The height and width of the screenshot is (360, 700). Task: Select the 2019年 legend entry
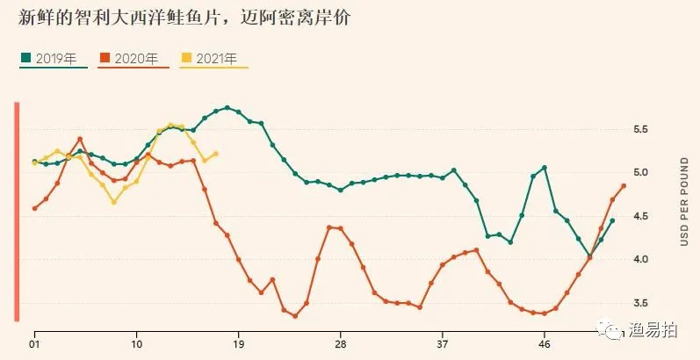(x=54, y=59)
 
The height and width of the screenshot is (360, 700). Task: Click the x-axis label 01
(x=34, y=343)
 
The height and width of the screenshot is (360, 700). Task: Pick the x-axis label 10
(x=136, y=343)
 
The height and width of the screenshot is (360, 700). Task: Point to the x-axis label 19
(x=238, y=343)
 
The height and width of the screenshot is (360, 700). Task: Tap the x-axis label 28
(x=341, y=343)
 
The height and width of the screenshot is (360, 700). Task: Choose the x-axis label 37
(x=443, y=343)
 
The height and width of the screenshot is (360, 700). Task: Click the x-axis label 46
(x=545, y=343)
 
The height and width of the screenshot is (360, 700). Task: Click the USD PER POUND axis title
(x=683, y=201)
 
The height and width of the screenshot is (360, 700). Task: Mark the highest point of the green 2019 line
(x=227, y=108)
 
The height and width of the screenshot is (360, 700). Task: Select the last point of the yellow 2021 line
(x=216, y=154)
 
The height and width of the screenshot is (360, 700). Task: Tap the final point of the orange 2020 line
(x=624, y=185)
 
